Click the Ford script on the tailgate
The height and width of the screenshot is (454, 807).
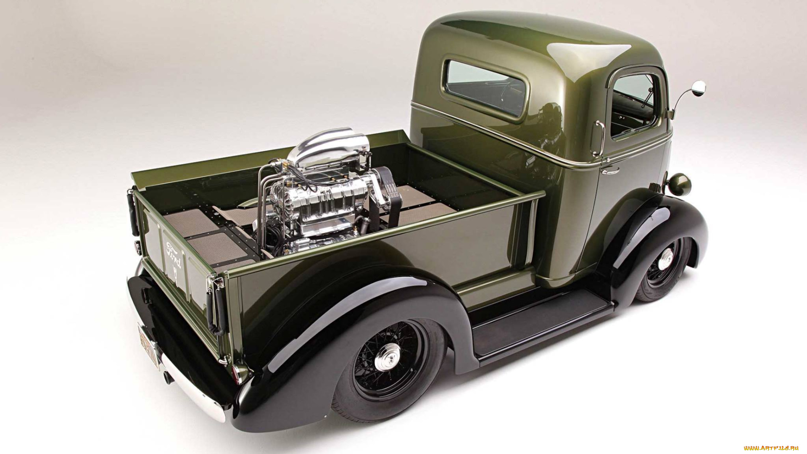tap(174, 255)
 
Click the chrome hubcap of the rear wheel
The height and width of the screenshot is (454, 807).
tap(388, 357)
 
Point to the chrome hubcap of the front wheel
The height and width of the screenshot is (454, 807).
tap(665, 259)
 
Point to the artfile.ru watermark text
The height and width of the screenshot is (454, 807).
tap(771, 448)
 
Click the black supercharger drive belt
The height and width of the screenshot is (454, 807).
tap(389, 198)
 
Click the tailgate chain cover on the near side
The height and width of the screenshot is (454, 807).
tap(216, 307)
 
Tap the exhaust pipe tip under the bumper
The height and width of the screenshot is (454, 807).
tap(168, 377)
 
